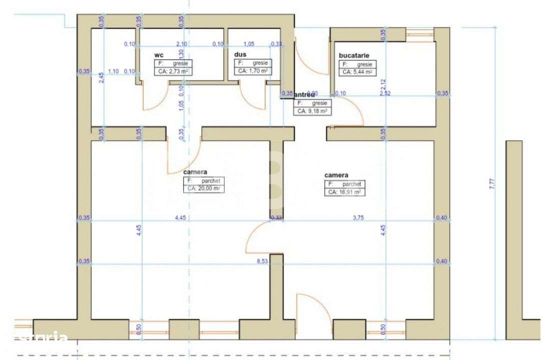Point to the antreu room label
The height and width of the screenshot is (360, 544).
(x=304, y=94)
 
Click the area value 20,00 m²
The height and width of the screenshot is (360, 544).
(x=203, y=188)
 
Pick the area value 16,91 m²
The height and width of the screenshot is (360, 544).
(x=345, y=191)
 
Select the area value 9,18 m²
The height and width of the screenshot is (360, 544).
(x=312, y=111)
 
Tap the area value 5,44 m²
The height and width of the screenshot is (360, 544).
(x=358, y=72)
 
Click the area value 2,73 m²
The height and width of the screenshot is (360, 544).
(x=173, y=72)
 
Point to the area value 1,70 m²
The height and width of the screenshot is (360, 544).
(x=253, y=71)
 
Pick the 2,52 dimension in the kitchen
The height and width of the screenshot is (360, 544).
(x=384, y=93)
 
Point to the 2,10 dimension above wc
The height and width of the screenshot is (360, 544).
(x=181, y=44)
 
